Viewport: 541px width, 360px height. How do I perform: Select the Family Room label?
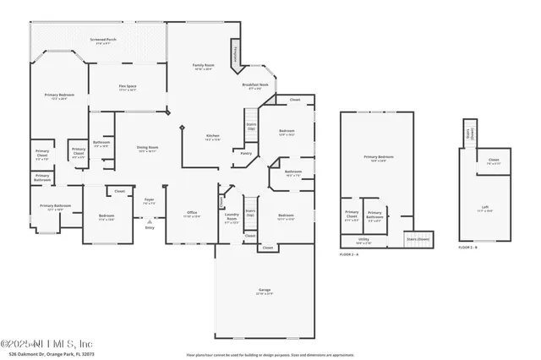point(202,67)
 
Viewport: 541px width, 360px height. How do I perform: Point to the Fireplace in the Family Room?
point(236,57)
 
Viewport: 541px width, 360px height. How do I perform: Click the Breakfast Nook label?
point(255,86)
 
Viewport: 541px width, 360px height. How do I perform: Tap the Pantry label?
point(246,153)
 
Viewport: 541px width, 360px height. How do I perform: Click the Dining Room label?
point(148,149)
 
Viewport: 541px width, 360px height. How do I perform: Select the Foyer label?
point(149,202)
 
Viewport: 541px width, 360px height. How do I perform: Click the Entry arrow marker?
point(150,226)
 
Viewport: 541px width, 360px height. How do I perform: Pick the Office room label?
point(192,214)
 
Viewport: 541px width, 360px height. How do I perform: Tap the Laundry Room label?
point(232,215)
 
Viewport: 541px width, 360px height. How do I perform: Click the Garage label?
point(265,292)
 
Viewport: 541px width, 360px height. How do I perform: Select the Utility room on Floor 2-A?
point(363,241)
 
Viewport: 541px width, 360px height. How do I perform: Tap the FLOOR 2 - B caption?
point(468,248)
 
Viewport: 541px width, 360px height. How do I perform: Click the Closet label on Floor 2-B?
point(493,161)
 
